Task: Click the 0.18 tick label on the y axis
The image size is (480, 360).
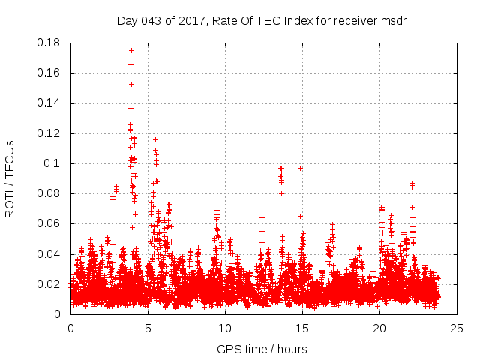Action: click(x=50, y=43)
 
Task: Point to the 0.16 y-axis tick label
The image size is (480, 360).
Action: click(x=50, y=73)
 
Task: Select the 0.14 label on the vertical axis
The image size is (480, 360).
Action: click(x=50, y=103)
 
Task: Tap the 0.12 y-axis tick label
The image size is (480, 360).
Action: click(x=50, y=133)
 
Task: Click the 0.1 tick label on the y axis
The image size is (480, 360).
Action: click(x=54, y=163)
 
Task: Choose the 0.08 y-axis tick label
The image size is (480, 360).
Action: click(x=50, y=193)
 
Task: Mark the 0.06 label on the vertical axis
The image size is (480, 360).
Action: click(x=50, y=223)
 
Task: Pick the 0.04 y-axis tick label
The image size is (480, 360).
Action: click(x=50, y=253)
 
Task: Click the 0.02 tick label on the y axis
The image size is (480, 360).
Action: click(x=50, y=284)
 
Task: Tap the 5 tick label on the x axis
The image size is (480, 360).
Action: click(x=148, y=328)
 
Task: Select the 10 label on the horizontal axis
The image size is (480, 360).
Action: click(x=225, y=328)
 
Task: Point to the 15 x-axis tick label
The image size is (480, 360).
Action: click(x=302, y=328)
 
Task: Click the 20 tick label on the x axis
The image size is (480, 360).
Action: click(x=379, y=328)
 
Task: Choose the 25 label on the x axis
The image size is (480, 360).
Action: click(x=457, y=328)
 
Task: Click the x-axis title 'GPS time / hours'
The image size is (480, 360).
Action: click(x=262, y=349)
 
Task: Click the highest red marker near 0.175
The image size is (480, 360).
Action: click(x=131, y=50)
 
